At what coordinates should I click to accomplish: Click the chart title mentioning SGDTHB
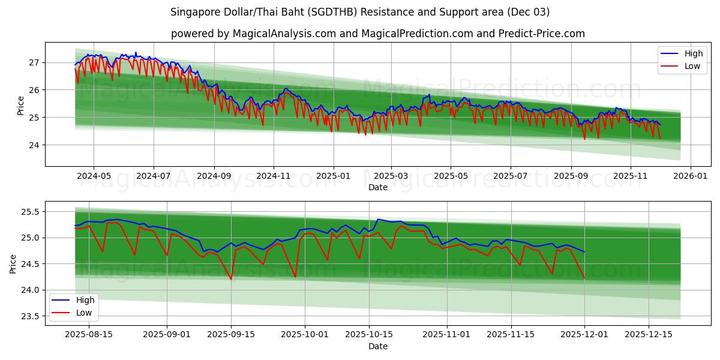click(x=360, y=12)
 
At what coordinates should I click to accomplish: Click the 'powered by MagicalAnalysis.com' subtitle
click(x=377, y=34)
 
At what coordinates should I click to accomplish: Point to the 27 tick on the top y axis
click(x=34, y=62)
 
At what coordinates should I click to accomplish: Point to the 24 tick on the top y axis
click(x=34, y=145)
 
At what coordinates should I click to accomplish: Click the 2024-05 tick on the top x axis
click(x=94, y=176)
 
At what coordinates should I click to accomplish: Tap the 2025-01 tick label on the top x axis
click(x=333, y=176)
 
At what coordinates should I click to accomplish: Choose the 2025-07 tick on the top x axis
click(x=510, y=176)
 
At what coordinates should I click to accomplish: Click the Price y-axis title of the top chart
click(x=20, y=105)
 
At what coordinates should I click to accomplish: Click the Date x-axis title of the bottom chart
click(x=377, y=346)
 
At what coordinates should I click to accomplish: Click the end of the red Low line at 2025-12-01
click(x=584, y=278)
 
